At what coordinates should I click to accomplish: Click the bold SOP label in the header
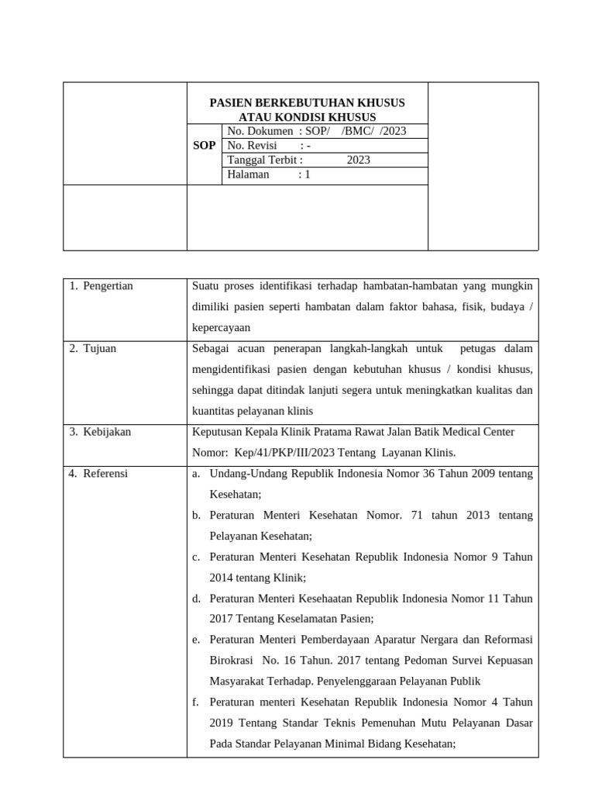205,146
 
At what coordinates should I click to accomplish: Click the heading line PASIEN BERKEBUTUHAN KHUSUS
308,102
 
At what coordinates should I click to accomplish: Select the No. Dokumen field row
325,131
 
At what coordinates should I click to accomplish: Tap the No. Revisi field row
325,146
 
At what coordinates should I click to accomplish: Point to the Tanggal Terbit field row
325,160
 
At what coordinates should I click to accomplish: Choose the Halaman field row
325,174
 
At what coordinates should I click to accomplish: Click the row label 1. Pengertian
101,286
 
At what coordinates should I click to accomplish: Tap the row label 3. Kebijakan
100,432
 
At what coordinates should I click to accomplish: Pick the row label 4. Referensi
98,473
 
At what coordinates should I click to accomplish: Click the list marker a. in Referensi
196,473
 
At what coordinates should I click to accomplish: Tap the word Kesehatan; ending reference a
236,494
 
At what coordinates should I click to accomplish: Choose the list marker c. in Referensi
196,557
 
